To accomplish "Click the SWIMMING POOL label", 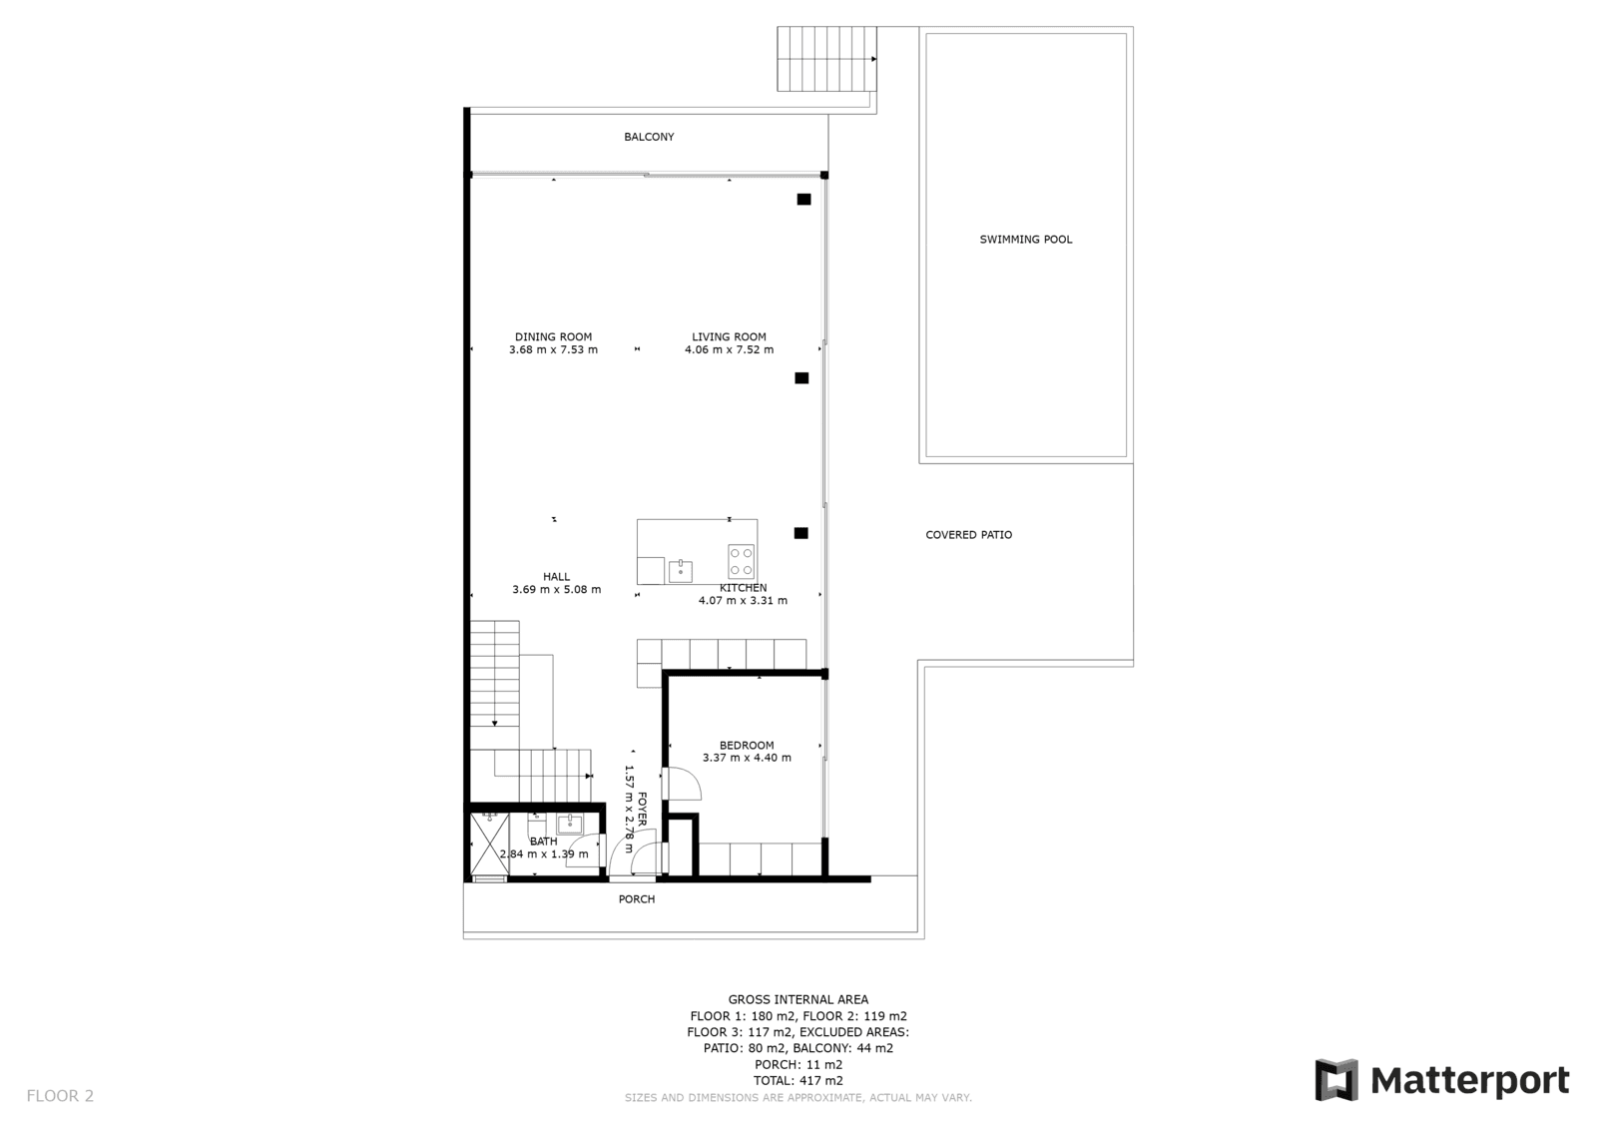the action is tap(1025, 240).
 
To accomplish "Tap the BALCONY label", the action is tap(649, 137).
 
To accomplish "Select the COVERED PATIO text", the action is tap(968, 535).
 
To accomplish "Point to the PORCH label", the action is tap(637, 899).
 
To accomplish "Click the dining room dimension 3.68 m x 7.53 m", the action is tap(553, 349).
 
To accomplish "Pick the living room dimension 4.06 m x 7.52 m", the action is tap(729, 349).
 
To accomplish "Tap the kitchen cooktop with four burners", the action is tap(742, 561).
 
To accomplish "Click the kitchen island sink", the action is tap(680, 571).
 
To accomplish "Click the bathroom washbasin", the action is tap(570, 825).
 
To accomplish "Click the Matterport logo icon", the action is tap(1336, 1080).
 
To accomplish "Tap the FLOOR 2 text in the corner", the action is tap(60, 1096).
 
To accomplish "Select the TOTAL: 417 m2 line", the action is tap(798, 1080).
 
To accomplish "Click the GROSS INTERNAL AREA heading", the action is tap(798, 1000).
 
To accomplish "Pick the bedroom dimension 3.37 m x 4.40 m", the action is tap(747, 758).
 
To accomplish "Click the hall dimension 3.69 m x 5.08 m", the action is tap(556, 589).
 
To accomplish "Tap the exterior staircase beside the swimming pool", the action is tap(827, 59).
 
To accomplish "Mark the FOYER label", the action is tap(642, 809).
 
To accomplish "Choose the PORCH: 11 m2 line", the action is tap(798, 1065).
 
